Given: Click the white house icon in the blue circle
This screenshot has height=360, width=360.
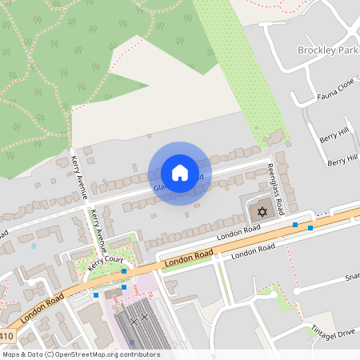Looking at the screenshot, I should coord(179,173).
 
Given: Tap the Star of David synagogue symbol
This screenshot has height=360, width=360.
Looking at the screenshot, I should coord(260,213).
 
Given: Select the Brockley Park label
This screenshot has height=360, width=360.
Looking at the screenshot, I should coord(328,50).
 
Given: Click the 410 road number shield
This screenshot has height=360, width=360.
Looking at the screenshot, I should coord(7,337).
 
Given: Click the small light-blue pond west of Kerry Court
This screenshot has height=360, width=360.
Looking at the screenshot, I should coord(33,246).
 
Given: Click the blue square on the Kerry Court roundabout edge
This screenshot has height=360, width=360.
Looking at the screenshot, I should coord(124,271).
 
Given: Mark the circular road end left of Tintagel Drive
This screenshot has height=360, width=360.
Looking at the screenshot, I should coord(297,290).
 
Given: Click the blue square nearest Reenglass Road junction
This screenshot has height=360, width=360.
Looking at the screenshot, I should coord(295,225).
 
